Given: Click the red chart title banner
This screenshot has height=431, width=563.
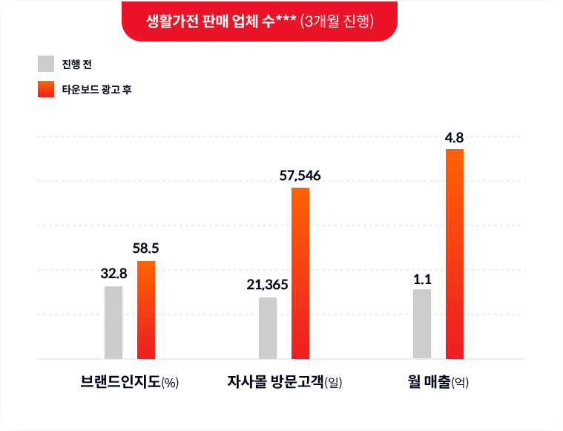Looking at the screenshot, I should tap(259, 21).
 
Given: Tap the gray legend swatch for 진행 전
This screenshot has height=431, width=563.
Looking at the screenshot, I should tap(46, 64).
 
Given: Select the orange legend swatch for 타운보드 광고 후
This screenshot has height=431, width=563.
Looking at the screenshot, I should tap(46, 89).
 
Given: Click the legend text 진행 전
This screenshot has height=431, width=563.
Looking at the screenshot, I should tap(76, 64).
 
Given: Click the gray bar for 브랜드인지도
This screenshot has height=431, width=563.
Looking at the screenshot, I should tap(113, 322).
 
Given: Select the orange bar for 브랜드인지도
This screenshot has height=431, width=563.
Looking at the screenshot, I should tap(146, 309).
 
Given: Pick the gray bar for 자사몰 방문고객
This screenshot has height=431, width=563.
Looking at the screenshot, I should tap(268, 328).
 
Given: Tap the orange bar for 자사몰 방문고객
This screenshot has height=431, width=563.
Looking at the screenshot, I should tap(300, 273).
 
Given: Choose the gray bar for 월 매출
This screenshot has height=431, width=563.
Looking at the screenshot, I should tap(422, 323).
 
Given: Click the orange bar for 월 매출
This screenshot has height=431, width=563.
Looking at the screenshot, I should tap(455, 254).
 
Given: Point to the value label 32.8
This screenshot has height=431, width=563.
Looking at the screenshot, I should tap(113, 274).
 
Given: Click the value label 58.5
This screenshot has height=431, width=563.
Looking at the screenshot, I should tap(146, 249).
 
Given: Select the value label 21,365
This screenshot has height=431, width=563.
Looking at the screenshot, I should tap(267, 285).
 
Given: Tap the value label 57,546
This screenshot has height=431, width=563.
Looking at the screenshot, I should tap(300, 175).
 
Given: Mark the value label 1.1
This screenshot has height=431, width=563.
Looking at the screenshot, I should tap(422, 279).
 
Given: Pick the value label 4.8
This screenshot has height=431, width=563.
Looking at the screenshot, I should tap(455, 137).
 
